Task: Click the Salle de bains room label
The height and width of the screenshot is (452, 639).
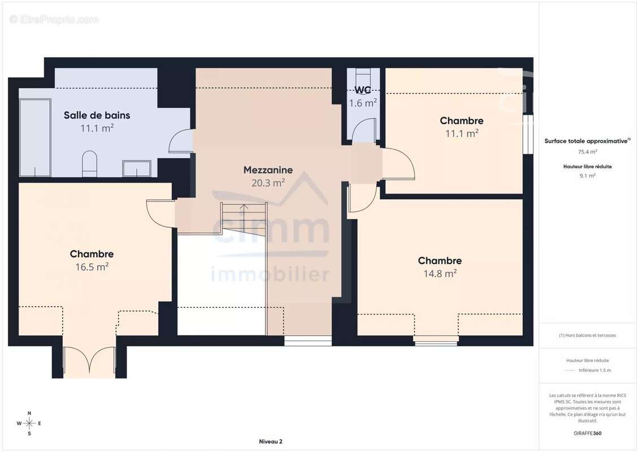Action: pos(97,115)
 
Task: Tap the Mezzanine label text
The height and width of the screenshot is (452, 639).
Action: pos(268,170)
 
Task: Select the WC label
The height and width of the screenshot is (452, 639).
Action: pos(363,90)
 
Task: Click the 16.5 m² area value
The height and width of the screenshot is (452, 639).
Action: pos(92,267)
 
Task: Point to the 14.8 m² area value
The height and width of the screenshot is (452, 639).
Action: pos(440,273)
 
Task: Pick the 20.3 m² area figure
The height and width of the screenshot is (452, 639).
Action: pos(268,183)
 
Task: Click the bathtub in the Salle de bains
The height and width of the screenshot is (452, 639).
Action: pos(35,138)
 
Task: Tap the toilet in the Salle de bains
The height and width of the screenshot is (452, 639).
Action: pos(90,164)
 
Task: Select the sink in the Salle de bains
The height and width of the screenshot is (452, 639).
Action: pos(137,169)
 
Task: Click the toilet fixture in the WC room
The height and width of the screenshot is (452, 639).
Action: pos(363,77)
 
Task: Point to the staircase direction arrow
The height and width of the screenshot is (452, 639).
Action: pos(244,219)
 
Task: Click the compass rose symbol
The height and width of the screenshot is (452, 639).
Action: pos(29,424)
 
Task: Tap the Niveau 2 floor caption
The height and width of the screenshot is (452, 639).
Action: pos(271,441)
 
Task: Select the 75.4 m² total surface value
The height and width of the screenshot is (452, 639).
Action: pos(588,151)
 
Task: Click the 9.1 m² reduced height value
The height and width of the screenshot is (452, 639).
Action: pos(588,176)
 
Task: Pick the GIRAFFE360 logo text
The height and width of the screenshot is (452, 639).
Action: pos(588,433)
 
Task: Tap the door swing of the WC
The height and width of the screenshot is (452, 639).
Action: pos(364,129)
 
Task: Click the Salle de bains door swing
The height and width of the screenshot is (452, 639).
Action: pos(181,141)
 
